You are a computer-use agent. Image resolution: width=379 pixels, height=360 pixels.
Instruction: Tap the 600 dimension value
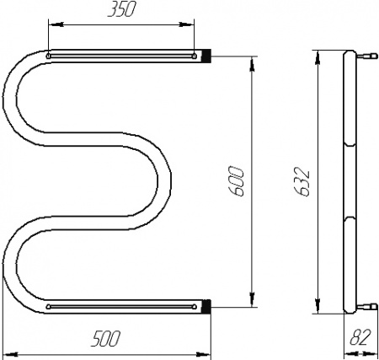point(236,181)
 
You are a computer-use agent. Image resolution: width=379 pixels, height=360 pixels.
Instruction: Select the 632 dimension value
point(303,181)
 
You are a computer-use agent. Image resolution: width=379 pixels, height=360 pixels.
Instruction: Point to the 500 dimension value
point(106,339)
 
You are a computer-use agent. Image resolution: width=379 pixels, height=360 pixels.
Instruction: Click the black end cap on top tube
point(206,56)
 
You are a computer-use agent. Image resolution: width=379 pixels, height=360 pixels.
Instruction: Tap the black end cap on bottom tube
point(206,306)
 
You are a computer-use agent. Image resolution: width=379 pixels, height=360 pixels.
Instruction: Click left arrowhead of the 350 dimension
point(56,24)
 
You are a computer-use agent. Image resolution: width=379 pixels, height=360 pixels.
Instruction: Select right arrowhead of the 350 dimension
point(187,24)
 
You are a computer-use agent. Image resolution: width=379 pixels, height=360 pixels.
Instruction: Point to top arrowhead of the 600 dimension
point(252,64)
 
